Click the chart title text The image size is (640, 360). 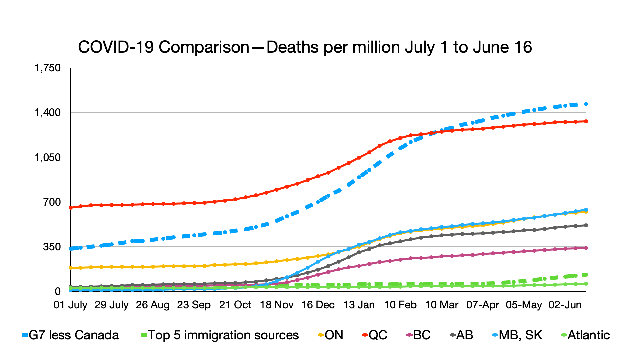tap(305, 47)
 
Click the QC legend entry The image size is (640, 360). tap(375, 335)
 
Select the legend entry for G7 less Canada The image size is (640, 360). tap(71, 335)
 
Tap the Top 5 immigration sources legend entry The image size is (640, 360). tap(220, 335)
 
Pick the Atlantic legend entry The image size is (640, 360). tap(586, 335)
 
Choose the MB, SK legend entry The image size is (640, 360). tap(517, 335)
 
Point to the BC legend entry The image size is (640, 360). tap(419, 335)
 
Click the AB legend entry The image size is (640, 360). tap(462, 335)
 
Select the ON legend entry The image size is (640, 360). tap(331, 335)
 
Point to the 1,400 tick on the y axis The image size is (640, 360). tap(48, 113)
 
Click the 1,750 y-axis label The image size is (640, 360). tap(48, 68)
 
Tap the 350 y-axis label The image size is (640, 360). tap(52, 247)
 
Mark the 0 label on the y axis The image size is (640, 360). tap(58, 292)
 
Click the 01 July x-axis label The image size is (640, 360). tap(70, 305)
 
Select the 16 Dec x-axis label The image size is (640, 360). tap(318, 305)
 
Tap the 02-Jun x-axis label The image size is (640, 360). tap(565, 305)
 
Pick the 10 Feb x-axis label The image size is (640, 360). tap(400, 305)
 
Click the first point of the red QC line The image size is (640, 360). tap(71, 208)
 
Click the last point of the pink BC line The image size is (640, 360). tap(586, 248)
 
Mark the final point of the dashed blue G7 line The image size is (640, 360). tap(586, 104)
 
